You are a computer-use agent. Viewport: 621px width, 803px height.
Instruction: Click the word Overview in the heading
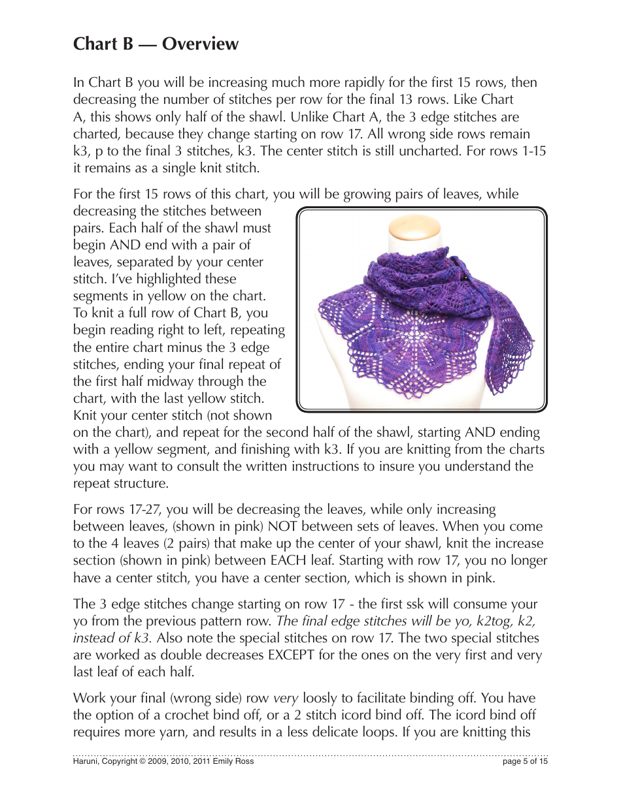coord(200,44)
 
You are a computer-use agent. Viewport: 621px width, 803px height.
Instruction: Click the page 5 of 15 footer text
coord(525,761)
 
